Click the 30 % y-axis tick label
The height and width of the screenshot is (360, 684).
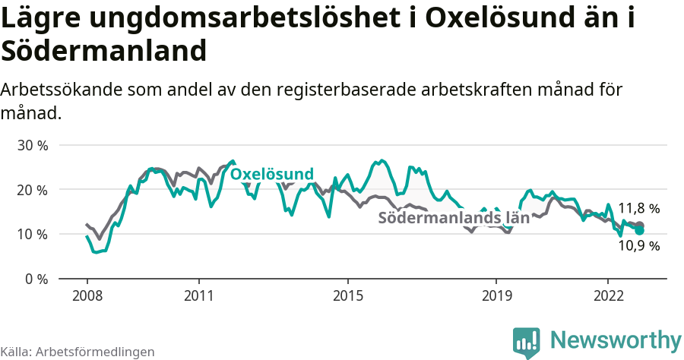click(x=32, y=145)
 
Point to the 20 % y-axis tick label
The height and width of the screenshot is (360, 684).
click(x=32, y=189)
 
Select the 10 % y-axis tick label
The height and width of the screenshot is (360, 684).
click(x=32, y=234)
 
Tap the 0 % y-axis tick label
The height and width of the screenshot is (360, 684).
click(x=36, y=279)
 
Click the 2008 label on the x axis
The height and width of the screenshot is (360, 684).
click(x=87, y=295)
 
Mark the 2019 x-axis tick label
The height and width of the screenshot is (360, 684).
click(x=496, y=295)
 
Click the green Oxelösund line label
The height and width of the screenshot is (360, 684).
click(x=271, y=175)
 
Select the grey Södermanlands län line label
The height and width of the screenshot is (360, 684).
click(x=453, y=218)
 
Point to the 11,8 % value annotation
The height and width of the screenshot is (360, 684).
click(x=638, y=208)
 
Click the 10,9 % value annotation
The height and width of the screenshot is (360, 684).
click(x=638, y=245)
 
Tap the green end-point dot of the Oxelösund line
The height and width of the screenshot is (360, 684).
click(x=639, y=230)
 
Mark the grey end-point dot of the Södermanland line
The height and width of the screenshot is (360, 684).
click(x=639, y=226)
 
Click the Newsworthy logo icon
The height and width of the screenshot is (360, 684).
click(x=527, y=342)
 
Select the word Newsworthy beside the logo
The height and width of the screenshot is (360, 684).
click(x=616, y=339)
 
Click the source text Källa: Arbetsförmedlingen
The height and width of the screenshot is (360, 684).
click(x=78, y=352)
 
